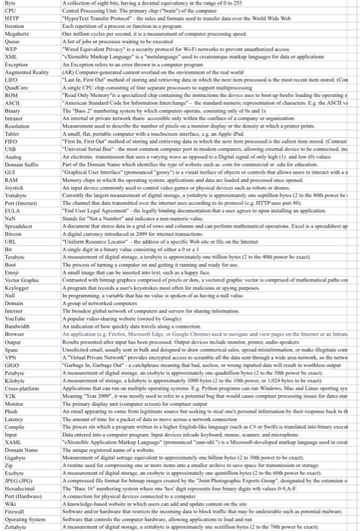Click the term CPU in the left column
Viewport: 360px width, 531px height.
(10, 10)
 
